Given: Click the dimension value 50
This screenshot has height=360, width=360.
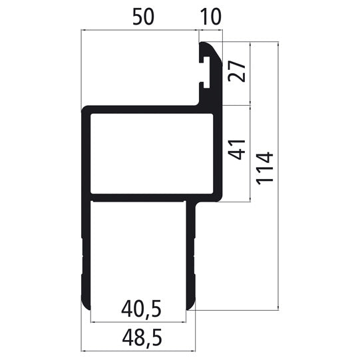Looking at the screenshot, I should [x=147, y=17].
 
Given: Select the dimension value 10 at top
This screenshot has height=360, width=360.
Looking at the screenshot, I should [x=210, y=17].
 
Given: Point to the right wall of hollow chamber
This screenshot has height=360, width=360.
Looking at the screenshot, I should [x=218, y=153].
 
